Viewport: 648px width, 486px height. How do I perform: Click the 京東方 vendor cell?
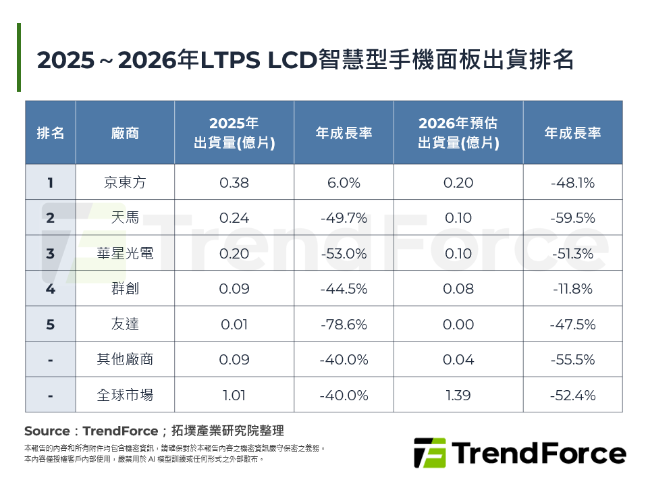coord(125,182)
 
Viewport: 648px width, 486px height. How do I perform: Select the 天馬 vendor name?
coord(125,218)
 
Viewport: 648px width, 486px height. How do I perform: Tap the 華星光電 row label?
coord(125,253)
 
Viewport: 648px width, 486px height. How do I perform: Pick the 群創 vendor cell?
coord(125,289)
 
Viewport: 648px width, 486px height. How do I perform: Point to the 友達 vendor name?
coord(125,324)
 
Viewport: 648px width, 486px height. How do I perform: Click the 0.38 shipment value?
coord(234,182)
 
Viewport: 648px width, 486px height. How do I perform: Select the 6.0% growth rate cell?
coord(344,182)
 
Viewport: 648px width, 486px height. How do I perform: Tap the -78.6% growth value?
coord(344,324)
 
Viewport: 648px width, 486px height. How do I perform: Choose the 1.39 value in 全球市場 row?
coord(458,395)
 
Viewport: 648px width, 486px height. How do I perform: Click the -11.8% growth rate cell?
coord(572,289)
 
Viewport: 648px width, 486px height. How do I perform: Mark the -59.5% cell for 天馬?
coord(572,218)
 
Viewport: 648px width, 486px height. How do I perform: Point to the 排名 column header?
coord(51,133)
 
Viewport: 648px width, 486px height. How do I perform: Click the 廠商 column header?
coord(125,133)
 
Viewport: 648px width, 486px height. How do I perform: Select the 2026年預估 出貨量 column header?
coord(458,133)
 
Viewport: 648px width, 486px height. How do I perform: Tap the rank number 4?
coord(51,289)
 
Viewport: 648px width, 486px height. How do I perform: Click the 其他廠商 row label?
coord(125,360)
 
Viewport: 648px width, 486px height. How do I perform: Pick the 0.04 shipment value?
coord(458,360)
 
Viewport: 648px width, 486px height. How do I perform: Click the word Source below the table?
coord(47,431)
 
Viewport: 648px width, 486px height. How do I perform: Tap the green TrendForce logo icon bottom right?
coord(429,453)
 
